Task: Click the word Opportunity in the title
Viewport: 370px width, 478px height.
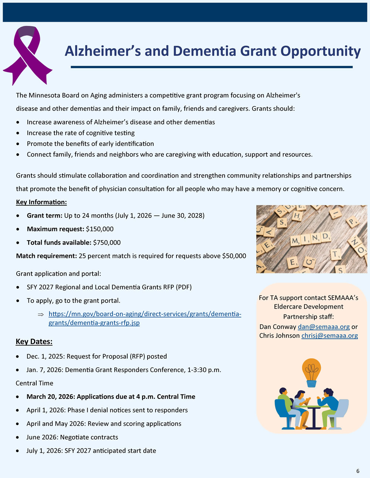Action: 320,51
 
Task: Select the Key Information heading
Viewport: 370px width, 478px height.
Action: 41,202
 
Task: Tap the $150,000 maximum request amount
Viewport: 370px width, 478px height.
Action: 100,229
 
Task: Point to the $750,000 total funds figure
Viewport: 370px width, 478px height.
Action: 107,243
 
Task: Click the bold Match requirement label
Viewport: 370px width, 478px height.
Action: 46,256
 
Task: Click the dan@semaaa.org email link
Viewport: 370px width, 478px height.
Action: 324,327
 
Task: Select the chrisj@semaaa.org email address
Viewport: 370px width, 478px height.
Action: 330,336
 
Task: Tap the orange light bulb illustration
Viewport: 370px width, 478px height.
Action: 312,372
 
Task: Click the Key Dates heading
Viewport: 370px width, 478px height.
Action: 34,342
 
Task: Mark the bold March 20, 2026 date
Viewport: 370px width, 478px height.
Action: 50,397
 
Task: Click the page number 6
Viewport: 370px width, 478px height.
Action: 358,471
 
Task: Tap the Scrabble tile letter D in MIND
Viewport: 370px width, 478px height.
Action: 325,236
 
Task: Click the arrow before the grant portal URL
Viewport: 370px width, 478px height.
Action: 41,314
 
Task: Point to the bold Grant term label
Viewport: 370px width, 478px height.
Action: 44,216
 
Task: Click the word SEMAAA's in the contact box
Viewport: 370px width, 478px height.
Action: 343,298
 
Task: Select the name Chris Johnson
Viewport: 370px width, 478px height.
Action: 279,336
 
